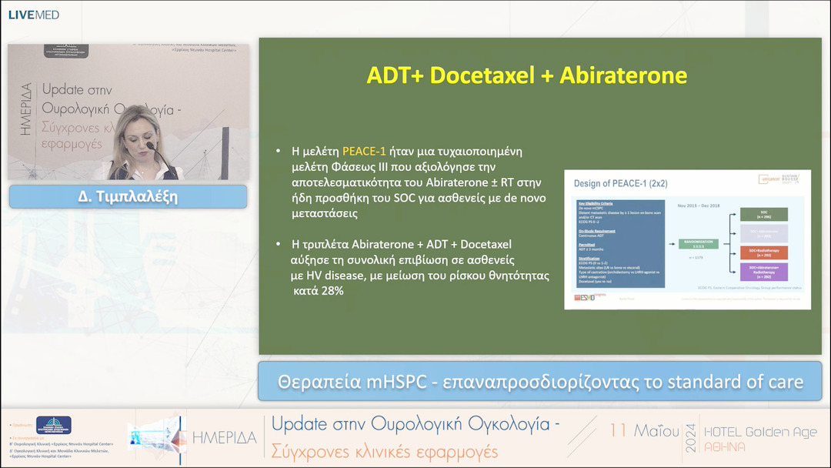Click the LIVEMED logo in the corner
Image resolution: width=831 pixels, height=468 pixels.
coord(33,15)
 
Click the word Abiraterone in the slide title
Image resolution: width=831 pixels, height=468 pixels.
coord(623,75)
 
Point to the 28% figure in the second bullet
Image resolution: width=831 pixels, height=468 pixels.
coord(328,292)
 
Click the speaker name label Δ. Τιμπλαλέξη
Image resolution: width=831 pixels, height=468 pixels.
coord(128,196)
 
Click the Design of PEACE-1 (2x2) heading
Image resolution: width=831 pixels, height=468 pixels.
coord(621,183)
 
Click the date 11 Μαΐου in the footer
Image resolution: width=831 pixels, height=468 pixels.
coord(644,431)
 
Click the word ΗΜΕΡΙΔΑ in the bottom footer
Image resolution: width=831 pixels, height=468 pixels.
coord(224,438)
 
